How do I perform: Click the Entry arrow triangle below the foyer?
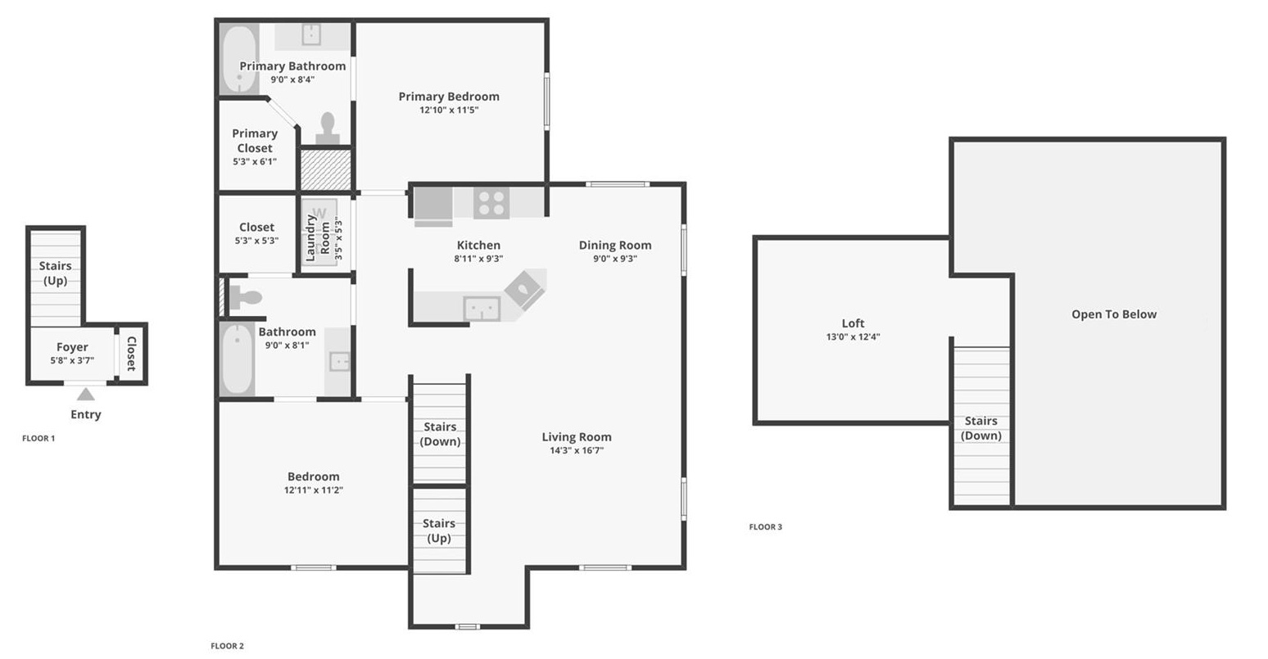pos(85,395)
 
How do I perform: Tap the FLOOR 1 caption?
pos(38,439)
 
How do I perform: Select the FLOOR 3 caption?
pos(765,527)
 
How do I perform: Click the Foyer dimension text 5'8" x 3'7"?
pos(72,360)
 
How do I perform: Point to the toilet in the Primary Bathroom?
pos(328,129)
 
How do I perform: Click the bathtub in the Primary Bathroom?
pos(239,59)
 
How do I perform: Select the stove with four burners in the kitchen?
pos(491,203)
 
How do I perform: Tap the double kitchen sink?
pos(482,309)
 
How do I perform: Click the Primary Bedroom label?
pos(448,97)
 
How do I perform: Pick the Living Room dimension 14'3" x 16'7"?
pos(577,451)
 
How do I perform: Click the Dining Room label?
pos(614,245)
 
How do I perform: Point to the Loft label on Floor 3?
pos(853,323)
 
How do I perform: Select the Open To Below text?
pos(1113,314)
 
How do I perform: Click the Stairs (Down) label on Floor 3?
pos(980,428)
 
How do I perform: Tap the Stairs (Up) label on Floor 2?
pos(439,530)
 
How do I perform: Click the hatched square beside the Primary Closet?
pos(325,169)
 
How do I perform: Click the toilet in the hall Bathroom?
pos(245,298)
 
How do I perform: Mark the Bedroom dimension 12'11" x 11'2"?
pos(313,490)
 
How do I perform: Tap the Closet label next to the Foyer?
pos(131,354)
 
